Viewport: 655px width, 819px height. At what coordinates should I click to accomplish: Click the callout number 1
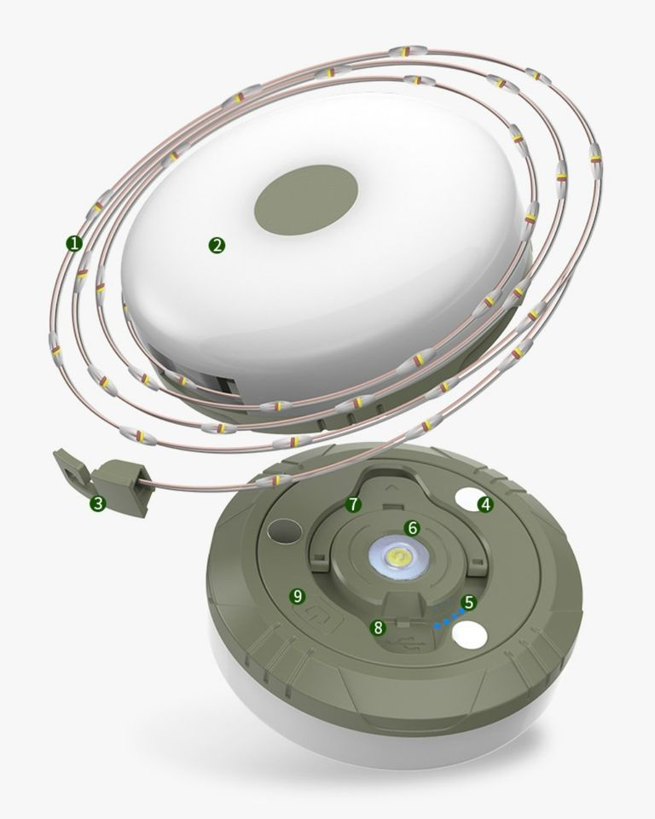(x=74, y=243)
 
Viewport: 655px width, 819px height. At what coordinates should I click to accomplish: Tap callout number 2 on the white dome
(x=217, y=245)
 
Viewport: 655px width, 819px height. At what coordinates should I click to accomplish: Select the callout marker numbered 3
(x=98, y=503)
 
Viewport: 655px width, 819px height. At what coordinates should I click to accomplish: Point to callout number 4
(x=485, y=504)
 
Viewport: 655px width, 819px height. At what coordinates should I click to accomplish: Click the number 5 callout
(x=468, y=602)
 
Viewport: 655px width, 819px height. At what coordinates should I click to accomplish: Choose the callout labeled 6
(x=412, y=528)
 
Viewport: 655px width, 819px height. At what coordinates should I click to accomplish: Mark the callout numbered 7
(x=353, y=504)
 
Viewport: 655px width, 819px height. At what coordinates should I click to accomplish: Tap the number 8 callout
(x=378, y=628)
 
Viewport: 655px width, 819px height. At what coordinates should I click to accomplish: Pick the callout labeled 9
(x=298, y=595)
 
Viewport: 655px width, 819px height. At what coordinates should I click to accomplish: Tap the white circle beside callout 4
(x=466, y=500)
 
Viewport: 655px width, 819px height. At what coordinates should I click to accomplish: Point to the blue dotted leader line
(x=446, y=620)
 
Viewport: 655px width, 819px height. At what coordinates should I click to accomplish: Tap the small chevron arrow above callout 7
(x=393, y=487)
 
